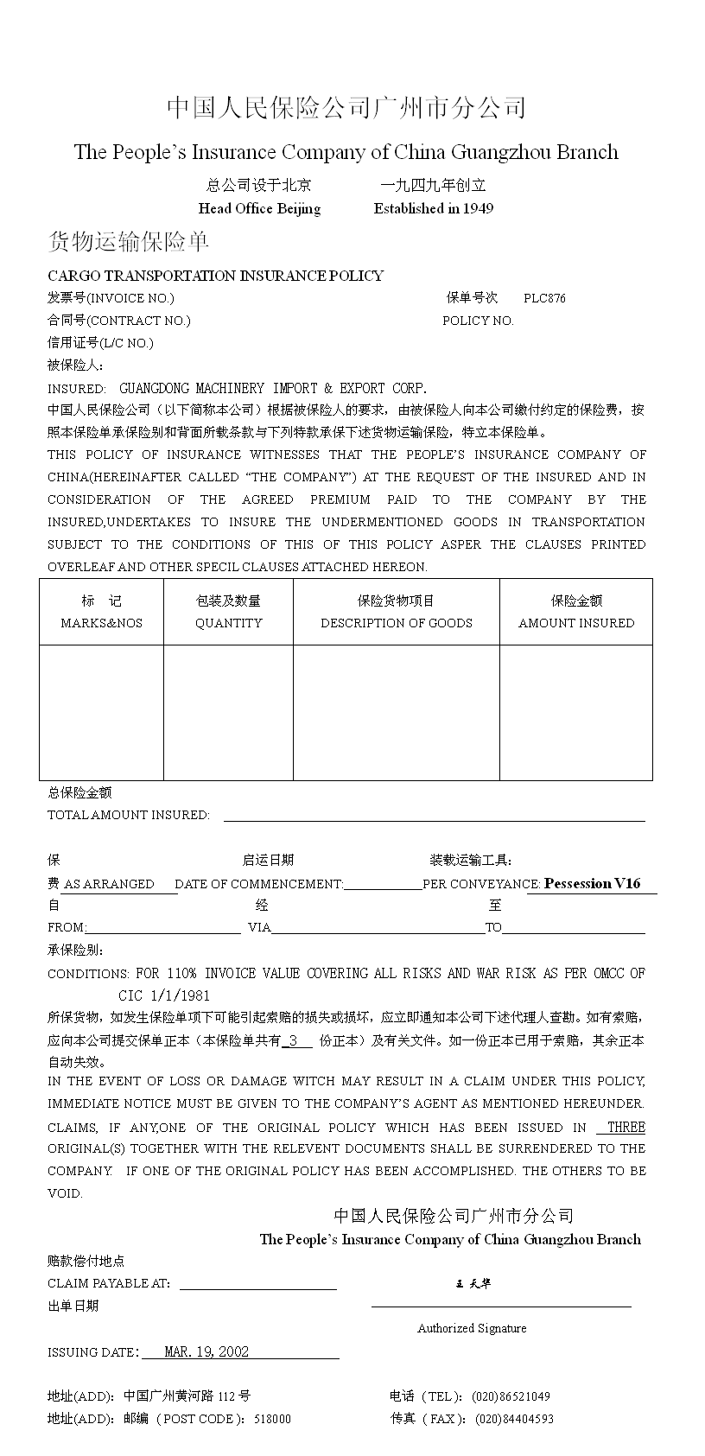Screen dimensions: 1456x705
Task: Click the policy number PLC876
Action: (544, 298)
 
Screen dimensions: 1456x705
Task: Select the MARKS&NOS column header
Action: (101, 623)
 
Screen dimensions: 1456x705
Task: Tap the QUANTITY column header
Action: (228, 623)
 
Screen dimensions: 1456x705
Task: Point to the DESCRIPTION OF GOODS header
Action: (396, 623)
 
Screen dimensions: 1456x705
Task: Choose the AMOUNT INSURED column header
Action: (576, 623)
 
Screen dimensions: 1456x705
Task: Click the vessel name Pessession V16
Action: (593, 883)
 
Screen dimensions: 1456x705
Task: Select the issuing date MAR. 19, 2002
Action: (206, 1351)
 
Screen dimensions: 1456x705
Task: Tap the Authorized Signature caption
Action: (472, 1328)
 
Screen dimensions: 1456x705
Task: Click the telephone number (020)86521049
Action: (511, 1396)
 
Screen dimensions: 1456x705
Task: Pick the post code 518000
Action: (272, 1418)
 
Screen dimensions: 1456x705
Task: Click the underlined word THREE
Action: (626, 1127)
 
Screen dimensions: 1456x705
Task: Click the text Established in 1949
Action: (434, 208)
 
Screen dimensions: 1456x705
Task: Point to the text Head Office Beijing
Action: (259, 208)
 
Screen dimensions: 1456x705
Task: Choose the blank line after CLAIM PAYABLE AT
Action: (257, 1283)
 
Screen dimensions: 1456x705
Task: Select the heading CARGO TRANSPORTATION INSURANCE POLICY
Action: (215, 276)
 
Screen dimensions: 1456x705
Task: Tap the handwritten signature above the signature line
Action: (473, 1283)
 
